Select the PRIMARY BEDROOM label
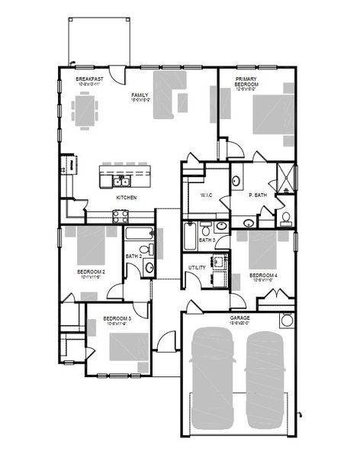pyautogui.click(x=246, y=82)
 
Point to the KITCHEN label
pyautogui.click(x=126, y=197)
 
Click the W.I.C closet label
pyautogui.click(x=206, y=195)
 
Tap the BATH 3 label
pyautogui.click(x=207, y=240)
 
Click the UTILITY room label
pyautogui.click(x=197, y=267)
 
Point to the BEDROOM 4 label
pyautogui.click(x=262, y=275)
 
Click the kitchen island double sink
pyautogui.click(x=121, y=181)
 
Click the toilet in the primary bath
pyautogui.click(x=284, y=218)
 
